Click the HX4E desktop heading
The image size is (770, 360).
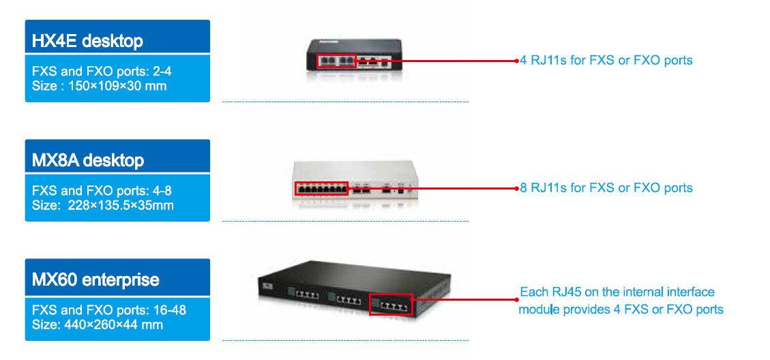[x=87, y=41]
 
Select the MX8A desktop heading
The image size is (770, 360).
[x=88, y=161]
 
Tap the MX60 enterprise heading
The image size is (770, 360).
[x=95, y=280]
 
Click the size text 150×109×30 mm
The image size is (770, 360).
[x=99, y=86]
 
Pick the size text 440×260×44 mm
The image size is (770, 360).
[x=98, y=325]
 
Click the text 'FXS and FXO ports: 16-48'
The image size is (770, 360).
[x=109, y=310]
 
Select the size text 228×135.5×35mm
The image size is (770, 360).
[x=103, y=205]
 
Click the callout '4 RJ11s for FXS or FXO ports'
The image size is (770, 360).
[x=606, y=60]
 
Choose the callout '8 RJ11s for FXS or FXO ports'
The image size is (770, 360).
[x=606, y=187]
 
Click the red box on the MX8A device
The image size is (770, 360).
[x=321, y=188]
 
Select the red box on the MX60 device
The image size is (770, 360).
[x=391, y=304]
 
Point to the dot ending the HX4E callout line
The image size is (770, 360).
[x=517, y=61]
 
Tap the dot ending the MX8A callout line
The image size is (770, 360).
[x=517, y=188]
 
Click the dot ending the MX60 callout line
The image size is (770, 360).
[x=517, y=299]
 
